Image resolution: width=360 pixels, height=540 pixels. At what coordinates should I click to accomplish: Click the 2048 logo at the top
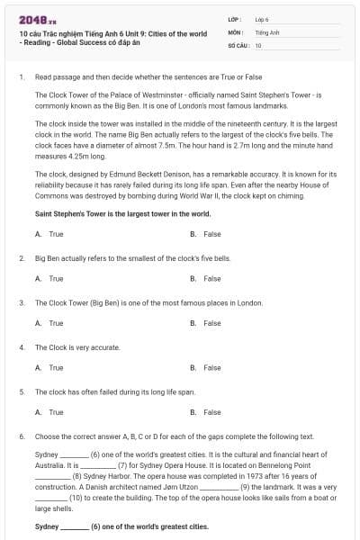pos(31,17)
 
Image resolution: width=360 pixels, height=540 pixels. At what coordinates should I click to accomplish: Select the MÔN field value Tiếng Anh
pos(263,31)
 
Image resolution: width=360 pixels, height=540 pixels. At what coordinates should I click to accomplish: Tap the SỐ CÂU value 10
pos(258,44)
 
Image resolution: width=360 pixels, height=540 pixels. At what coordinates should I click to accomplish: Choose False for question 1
pos(211,234)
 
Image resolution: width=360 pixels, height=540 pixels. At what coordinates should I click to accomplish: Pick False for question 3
pos(211,323)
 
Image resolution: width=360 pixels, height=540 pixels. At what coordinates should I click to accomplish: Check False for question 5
pos(211,412)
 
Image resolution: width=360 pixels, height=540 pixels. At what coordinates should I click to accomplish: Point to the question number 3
pos(21,302)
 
